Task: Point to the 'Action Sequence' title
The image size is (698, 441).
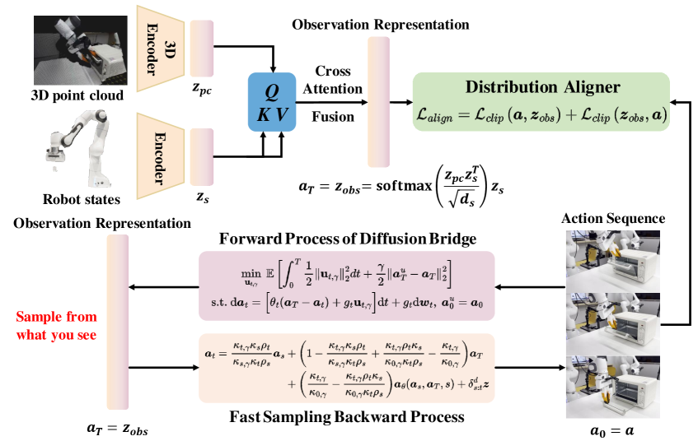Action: pyautogui.click(x=612, y=219)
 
